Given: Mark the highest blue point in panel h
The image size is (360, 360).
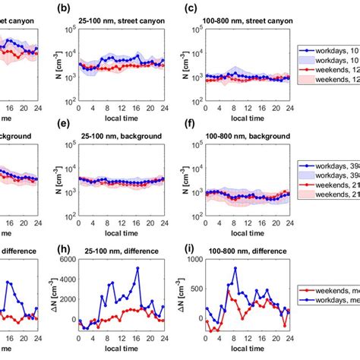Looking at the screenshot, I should (x=137, y=268).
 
